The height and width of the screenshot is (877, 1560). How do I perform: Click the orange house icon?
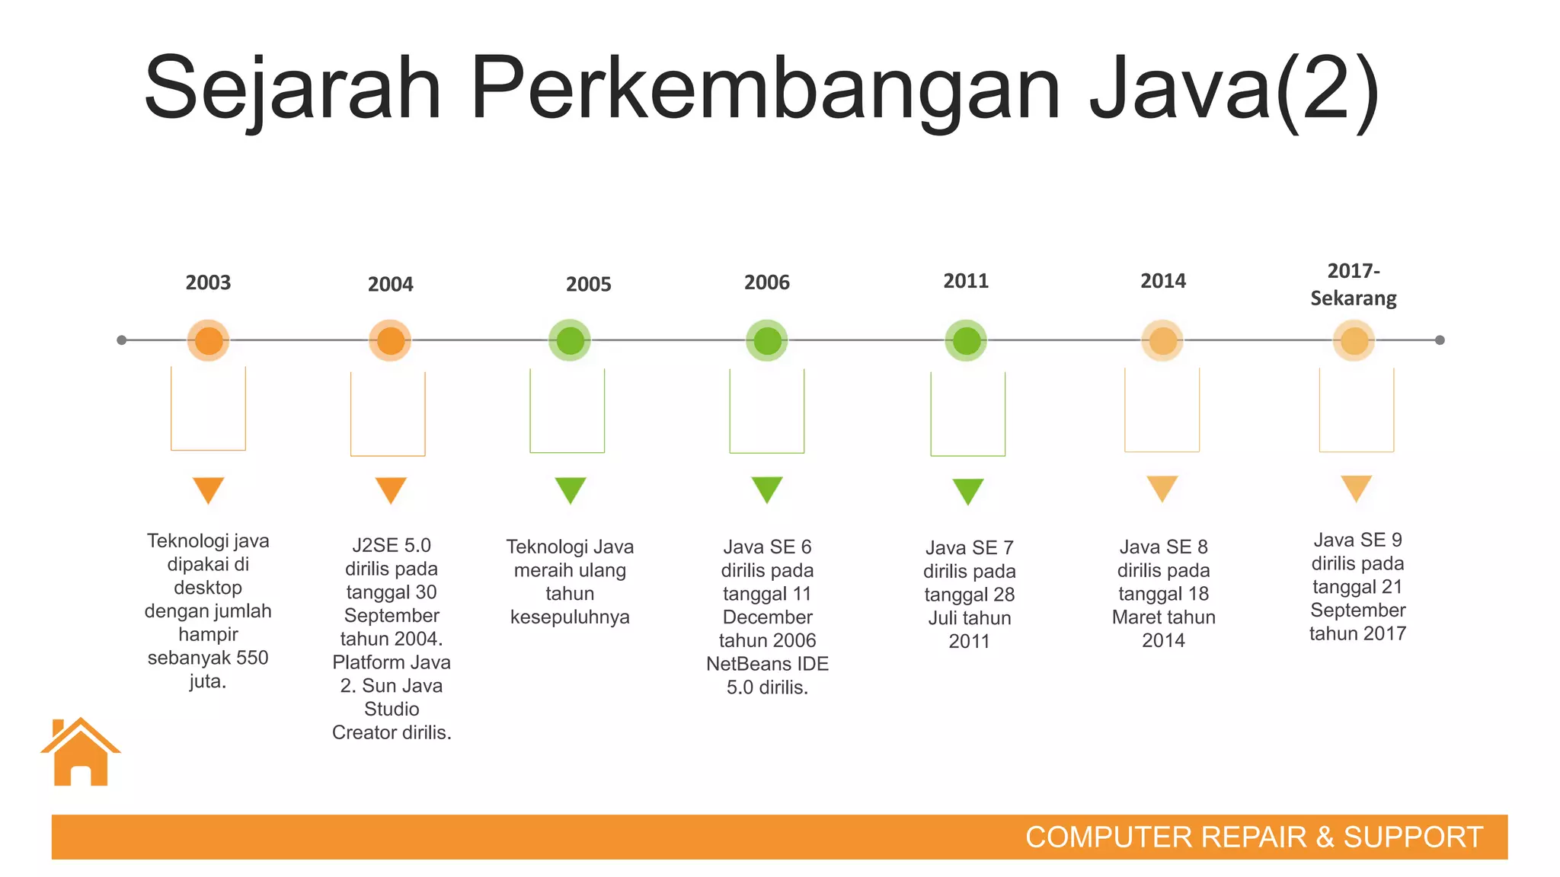(x=81, y=753)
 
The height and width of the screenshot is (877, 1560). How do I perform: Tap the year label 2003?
(x=208, y=282)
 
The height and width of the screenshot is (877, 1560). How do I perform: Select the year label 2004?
(x=391, y=285)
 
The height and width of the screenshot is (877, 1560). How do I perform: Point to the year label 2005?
(x=588, y=285)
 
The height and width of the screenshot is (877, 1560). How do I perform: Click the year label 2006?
(x=766, y=282)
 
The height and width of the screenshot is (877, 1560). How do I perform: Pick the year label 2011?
(x=966, y=281)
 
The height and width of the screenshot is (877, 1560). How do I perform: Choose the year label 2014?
(x=1163, y=281)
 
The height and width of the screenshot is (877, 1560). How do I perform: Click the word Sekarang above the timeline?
(x=1354, y=298)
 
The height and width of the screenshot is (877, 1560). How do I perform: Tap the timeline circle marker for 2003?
(x=209, y=340)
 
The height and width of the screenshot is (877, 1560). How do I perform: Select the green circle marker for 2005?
(x=570, y=340)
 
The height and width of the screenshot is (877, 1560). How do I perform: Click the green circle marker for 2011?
(x=966, y=340)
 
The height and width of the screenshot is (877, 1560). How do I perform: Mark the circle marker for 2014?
(x=1162, y=340)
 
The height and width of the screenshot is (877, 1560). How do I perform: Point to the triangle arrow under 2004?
(x=391, y=490)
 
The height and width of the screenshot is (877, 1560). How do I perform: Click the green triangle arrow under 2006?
(x=767, y=489)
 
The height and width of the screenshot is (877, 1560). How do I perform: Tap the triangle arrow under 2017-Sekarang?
(x=1356, y=487)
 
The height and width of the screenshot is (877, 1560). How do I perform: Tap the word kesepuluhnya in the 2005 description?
(x=570, y=617)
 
